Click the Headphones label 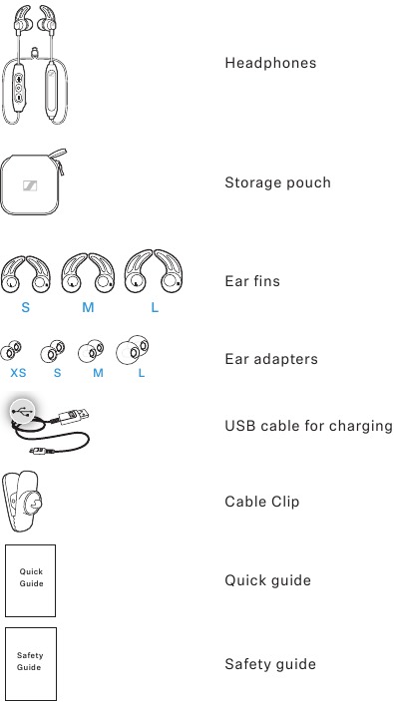click(270, 63)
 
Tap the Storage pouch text click(277, 182)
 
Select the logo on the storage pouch click(30, 185)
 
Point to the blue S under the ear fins click(26, 307)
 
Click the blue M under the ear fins click(88, 307)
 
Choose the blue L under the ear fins click(155, 307)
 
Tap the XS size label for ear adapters click(18, 373)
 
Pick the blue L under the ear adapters click(142, 373)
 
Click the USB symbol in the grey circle click(21, 410)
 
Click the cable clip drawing click(22, 501)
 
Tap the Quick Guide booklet click(31, 580)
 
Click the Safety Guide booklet click(31, 664)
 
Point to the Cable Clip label click(261, 502)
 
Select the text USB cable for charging click(308, 426)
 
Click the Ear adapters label click(271, 359)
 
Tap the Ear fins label click(252, 281)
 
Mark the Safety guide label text click(270, 664)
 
